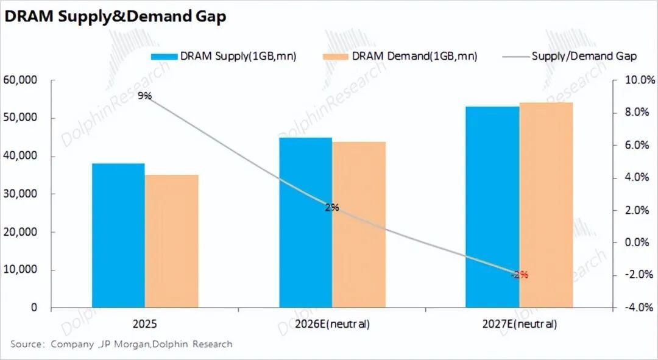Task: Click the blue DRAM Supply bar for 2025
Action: point(118,235)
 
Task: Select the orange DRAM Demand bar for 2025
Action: point(171,241)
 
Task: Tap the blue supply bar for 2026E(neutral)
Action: point(305,222)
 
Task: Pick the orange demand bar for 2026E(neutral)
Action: point(358,225)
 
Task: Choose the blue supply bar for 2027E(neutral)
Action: point(492,207)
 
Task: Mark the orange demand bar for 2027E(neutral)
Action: point(546,205)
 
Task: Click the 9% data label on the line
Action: point(144,96)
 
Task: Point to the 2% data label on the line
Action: point(332,208)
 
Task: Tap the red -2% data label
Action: point(519,275)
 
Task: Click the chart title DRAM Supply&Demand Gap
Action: point(115,16)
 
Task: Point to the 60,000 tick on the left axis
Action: point(20,80)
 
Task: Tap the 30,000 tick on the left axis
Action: point(20,194)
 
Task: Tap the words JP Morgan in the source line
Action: point(121,344)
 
